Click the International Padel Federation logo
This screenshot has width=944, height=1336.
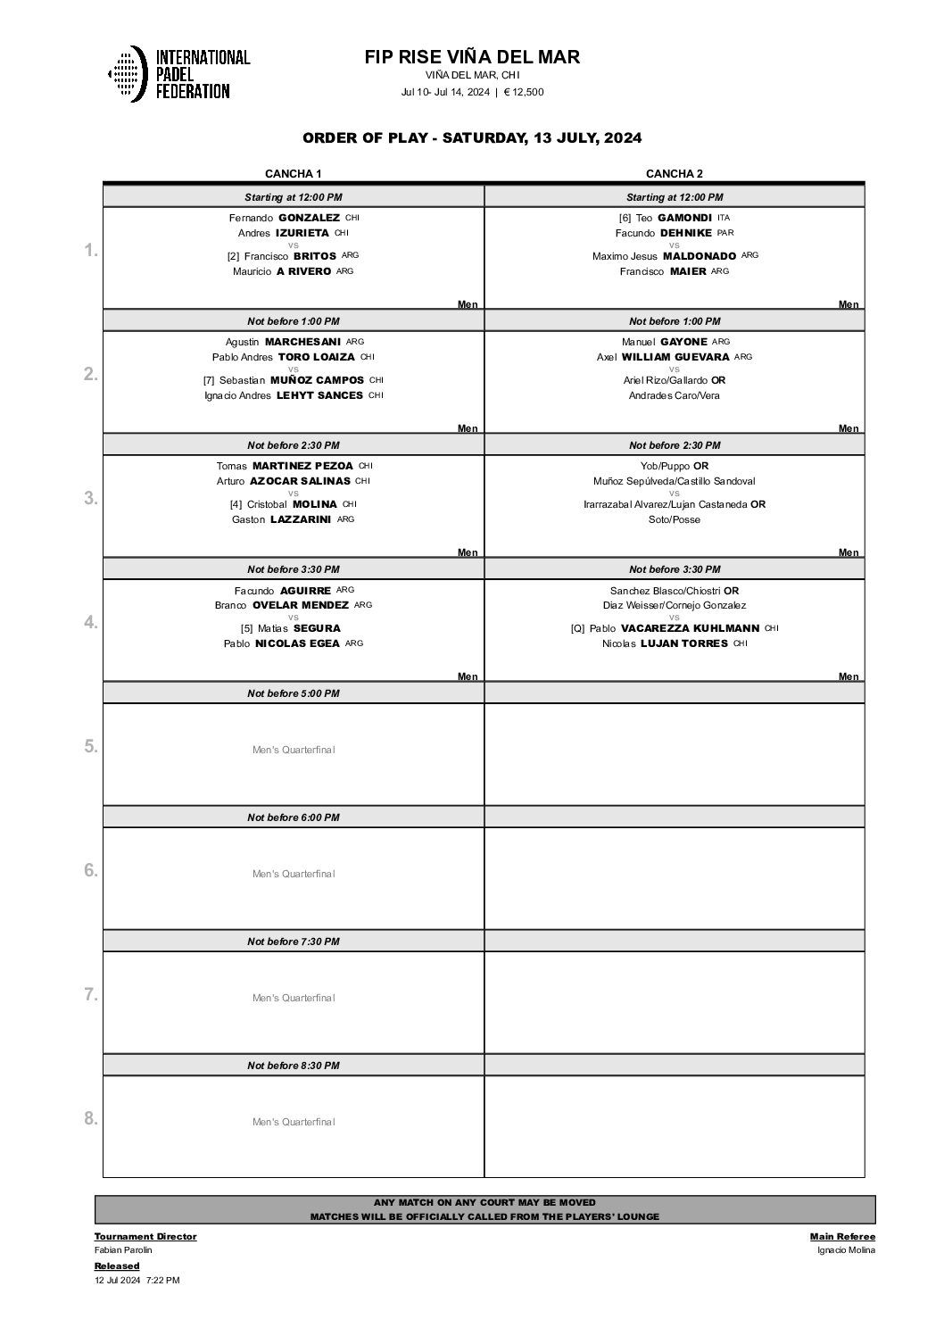(x=178, y=73)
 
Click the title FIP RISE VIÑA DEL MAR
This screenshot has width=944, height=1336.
(x=472, y=57)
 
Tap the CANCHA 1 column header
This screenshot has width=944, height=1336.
(x=293, y=174)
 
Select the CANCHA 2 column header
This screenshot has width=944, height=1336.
(x=675, y=174)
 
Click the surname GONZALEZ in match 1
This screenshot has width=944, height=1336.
(x=309, y=218)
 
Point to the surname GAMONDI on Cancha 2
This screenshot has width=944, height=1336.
(x=684, y=218)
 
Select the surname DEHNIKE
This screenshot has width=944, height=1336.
(x=685, y=233)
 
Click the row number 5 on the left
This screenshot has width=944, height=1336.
(x=90, y=746)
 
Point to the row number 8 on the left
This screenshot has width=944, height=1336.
(x=90, y=1118)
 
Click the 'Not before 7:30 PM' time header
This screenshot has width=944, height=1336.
(x=293, y=942)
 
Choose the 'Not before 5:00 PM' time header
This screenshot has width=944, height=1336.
(x=293, y=693)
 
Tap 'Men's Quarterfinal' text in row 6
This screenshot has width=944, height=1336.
(x=294, y=874)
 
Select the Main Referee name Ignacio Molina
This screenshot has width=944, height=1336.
(x=846, y=1250)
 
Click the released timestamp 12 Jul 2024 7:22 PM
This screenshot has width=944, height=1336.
(x=137, y=1280)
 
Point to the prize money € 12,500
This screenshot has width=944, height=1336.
(x=524, y=92)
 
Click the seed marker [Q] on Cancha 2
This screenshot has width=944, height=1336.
(x=577, y=628)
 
